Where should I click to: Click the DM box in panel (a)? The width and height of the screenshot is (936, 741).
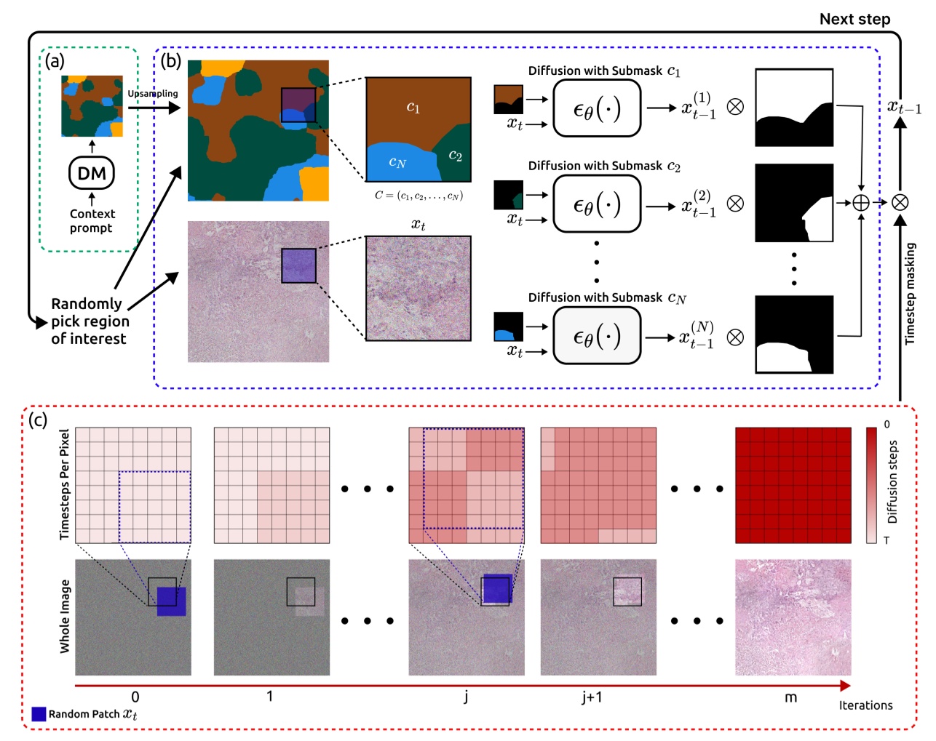point(92,173)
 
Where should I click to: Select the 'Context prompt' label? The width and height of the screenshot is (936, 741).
point(92,220)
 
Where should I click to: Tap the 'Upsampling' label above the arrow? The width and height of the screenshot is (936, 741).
point(153,94)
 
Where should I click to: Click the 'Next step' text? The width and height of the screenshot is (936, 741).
point(854,20)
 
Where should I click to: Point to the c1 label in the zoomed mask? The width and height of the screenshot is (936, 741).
point(413,107)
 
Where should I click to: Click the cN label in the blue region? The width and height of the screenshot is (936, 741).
point(397,162)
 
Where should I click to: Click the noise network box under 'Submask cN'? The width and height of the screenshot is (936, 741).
point(597,336)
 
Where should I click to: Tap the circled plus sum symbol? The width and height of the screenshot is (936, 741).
point(860,203)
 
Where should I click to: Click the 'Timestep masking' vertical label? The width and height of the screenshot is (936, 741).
point(910,293)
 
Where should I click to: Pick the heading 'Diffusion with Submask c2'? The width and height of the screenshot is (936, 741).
point(604,166)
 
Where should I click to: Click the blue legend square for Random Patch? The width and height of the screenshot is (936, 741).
point(39,714)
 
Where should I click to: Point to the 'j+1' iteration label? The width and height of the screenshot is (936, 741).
point(592,697)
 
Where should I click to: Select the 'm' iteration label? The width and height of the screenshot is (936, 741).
point(790,697)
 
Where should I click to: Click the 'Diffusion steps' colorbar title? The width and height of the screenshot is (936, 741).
point(892,481)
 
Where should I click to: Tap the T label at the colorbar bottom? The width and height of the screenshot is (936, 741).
point(887,540)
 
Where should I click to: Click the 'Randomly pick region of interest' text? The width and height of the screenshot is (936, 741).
point(90,321)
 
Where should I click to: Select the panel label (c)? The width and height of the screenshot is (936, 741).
point(37,420)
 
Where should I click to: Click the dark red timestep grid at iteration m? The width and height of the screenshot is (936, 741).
point(793,485)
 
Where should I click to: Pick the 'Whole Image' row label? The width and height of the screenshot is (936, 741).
point(65,616)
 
